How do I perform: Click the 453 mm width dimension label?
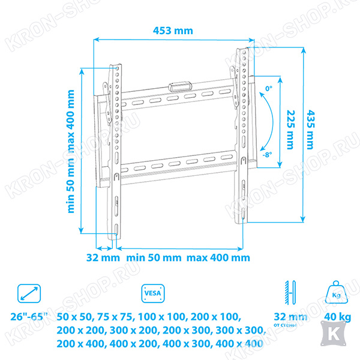(x=173, y=31)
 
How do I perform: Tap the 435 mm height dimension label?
(x=310, y=130)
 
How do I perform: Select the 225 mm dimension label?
(x=290, y=130)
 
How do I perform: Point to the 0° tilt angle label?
(x=269, y=88)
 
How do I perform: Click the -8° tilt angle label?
(x=267, y=155)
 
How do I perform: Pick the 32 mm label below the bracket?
(x=103, y=257)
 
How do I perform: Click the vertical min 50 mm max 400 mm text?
(x=71, y=151)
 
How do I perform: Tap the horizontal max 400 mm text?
(x=218, y=257)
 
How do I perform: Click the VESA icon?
(x=153, y=293)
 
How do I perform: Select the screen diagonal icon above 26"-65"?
(x=29, y=293)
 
